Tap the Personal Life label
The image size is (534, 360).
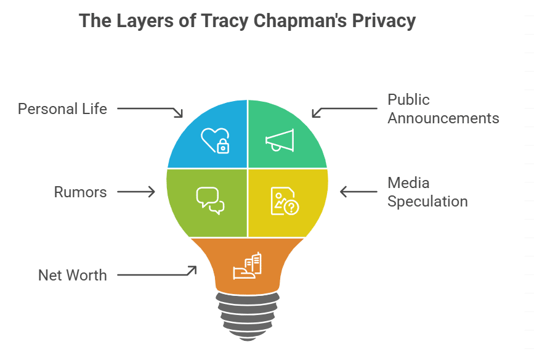click(x=62, y=109)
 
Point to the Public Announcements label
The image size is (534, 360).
click(x=443, y=108)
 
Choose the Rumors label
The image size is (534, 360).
click(x=80, y=192)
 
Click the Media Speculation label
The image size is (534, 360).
click(x=427, y=192)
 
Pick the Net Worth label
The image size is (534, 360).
click(x=72, y=275)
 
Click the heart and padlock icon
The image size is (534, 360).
click(x=216, y=140)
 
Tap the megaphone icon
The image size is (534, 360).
click(x=280, y=141)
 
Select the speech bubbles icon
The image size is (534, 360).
click(x=209, y=200)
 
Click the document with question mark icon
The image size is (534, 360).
click(x=284, y=200)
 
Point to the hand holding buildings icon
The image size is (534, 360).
click(x=247, y=266)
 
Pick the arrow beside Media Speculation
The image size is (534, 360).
click(x=359, y=192)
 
